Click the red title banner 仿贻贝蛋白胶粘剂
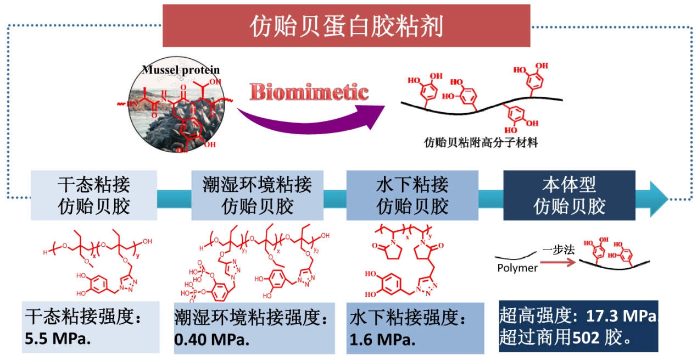click(x=346, y=25)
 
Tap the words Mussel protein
click(x=180, y=70)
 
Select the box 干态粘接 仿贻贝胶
click(x=94, y=195)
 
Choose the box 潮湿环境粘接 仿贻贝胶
click(x=257, y=195)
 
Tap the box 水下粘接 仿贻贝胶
click(x=412, y=195)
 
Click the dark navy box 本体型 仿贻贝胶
click(x=569, y=195)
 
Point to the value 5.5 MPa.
click(x=58, y=337)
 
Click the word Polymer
click(x=517, y=268)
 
